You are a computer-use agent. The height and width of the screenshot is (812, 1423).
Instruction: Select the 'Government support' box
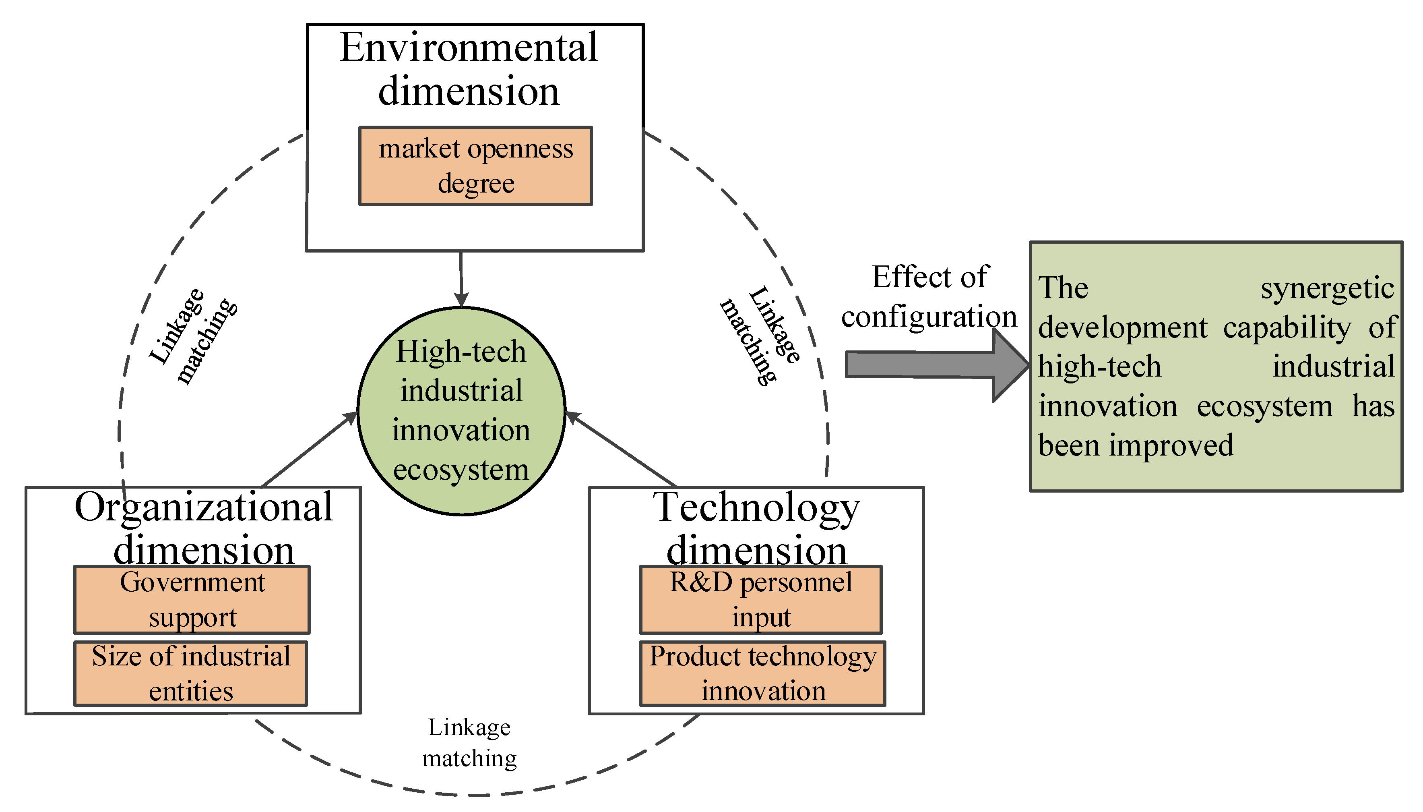click(192, 599)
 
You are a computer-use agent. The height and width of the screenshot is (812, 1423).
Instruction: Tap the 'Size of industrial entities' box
click(191, 673)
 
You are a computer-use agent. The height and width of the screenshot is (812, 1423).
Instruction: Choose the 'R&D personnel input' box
click(760, 599)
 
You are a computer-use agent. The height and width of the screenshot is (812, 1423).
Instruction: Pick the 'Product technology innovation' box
click(762, 673)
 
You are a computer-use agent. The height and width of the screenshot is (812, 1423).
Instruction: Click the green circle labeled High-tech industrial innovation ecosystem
click(461, 410)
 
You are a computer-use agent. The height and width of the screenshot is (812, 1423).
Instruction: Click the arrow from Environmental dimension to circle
click(461, 279)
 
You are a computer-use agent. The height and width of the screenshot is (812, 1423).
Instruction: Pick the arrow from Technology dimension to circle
click(622, 449)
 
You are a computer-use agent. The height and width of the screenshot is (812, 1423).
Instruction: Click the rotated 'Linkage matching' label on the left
click(193, 336)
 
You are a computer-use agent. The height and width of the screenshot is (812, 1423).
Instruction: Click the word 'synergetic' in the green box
click(1326, 289)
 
